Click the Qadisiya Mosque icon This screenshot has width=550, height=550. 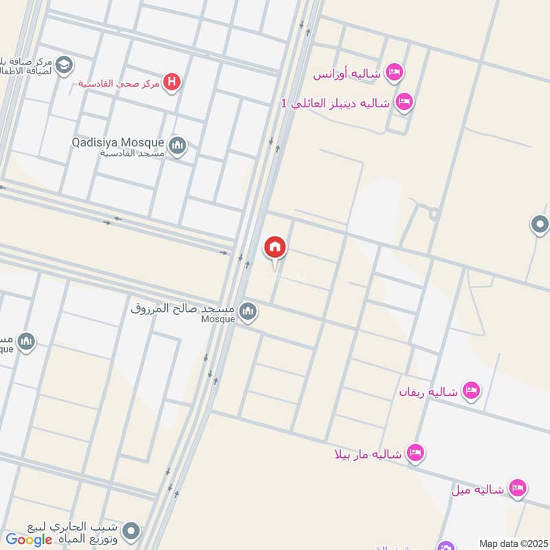(178, 146)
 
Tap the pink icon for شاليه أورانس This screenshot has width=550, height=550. (394, 72)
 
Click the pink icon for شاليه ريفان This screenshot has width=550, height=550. (471, 391)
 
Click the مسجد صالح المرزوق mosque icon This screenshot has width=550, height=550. (249, 312)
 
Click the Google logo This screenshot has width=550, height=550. (30, 540)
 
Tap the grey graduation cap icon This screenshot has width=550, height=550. (65, 64)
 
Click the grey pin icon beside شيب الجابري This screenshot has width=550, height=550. (131, 531)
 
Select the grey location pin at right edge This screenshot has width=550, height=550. (540, 224)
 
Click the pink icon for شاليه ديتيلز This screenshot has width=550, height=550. (405, 102)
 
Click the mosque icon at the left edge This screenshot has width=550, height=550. (26, 342)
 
